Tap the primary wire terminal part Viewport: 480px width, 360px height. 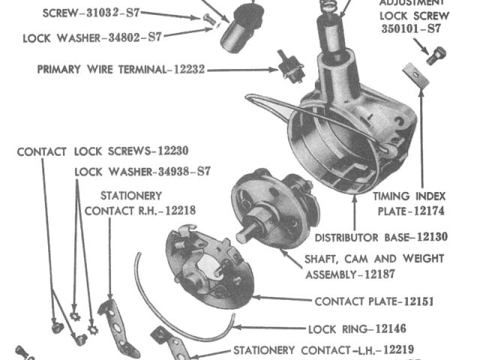click(286, 67)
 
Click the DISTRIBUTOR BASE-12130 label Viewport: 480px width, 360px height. click(381, 238)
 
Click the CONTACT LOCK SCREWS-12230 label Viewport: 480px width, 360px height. click(103, 151)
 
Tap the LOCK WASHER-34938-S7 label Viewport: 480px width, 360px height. click(142, 172)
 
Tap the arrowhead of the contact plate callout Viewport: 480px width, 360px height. click(253, 298)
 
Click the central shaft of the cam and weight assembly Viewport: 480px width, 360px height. click(247, 232)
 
